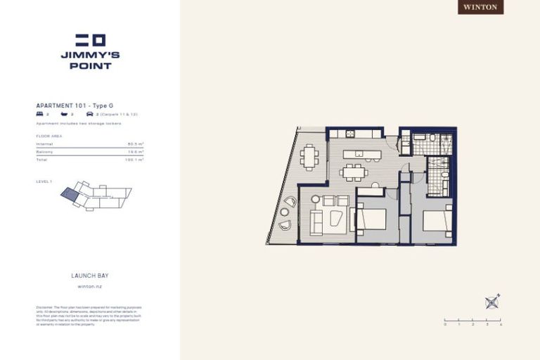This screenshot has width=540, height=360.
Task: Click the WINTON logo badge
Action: (481, 7)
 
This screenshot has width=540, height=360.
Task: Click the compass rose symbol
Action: (492, 302)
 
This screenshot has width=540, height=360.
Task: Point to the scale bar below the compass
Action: (472, 320)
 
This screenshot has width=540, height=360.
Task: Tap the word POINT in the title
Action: (91, 66)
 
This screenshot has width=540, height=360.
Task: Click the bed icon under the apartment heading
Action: (39, 113)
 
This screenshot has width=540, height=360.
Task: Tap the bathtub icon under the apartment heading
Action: (64, 113)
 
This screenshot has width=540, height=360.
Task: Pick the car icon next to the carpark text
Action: (89, 113)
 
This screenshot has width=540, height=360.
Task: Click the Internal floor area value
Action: (136, 144)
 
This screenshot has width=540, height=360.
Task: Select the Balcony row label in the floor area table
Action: (44, 152)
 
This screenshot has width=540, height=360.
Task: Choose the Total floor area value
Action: (134, 160)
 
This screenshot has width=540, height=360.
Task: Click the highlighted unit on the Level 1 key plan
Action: (70, 193)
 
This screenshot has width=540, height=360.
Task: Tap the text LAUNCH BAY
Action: (90, 276)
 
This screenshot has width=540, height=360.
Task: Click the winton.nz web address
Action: (90, 287)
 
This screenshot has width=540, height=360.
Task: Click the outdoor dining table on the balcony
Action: (309, 157)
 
